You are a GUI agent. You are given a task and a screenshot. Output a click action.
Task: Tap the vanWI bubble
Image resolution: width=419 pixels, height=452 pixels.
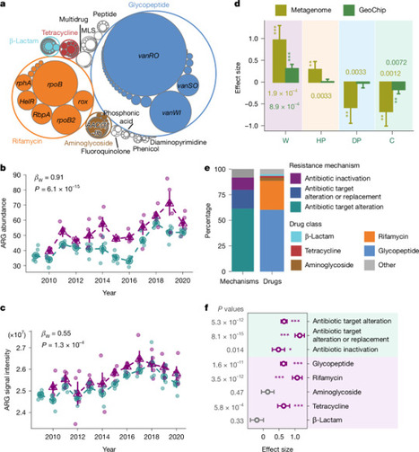click(x=167, y=113)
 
